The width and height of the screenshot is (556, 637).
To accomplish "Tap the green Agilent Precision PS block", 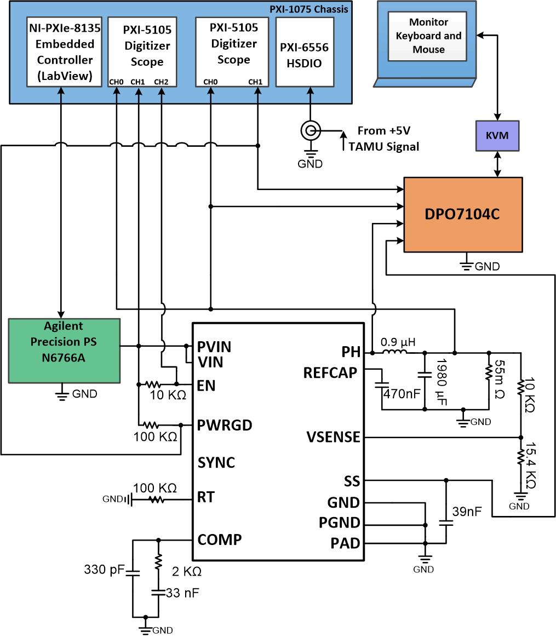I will (x=65, y=350).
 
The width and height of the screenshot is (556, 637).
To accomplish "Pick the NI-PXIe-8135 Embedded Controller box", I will (x=65, y=52).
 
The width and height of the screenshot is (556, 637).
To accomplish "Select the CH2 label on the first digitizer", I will (x=161, y=82).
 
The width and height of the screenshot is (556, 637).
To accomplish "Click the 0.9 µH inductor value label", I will (x=398, y=342).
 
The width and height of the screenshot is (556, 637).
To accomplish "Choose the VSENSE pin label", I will (x=334, y=437).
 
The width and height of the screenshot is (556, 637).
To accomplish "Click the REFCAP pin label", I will (x=330, y=373).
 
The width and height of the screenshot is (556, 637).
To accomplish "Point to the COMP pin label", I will (x=220, y=540).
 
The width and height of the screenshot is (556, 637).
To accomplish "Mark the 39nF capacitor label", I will (x=467, y=512).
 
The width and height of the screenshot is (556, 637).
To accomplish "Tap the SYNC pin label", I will (x=216, y=463).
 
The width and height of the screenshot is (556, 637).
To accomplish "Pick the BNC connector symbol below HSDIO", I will (x=310, y=131).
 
